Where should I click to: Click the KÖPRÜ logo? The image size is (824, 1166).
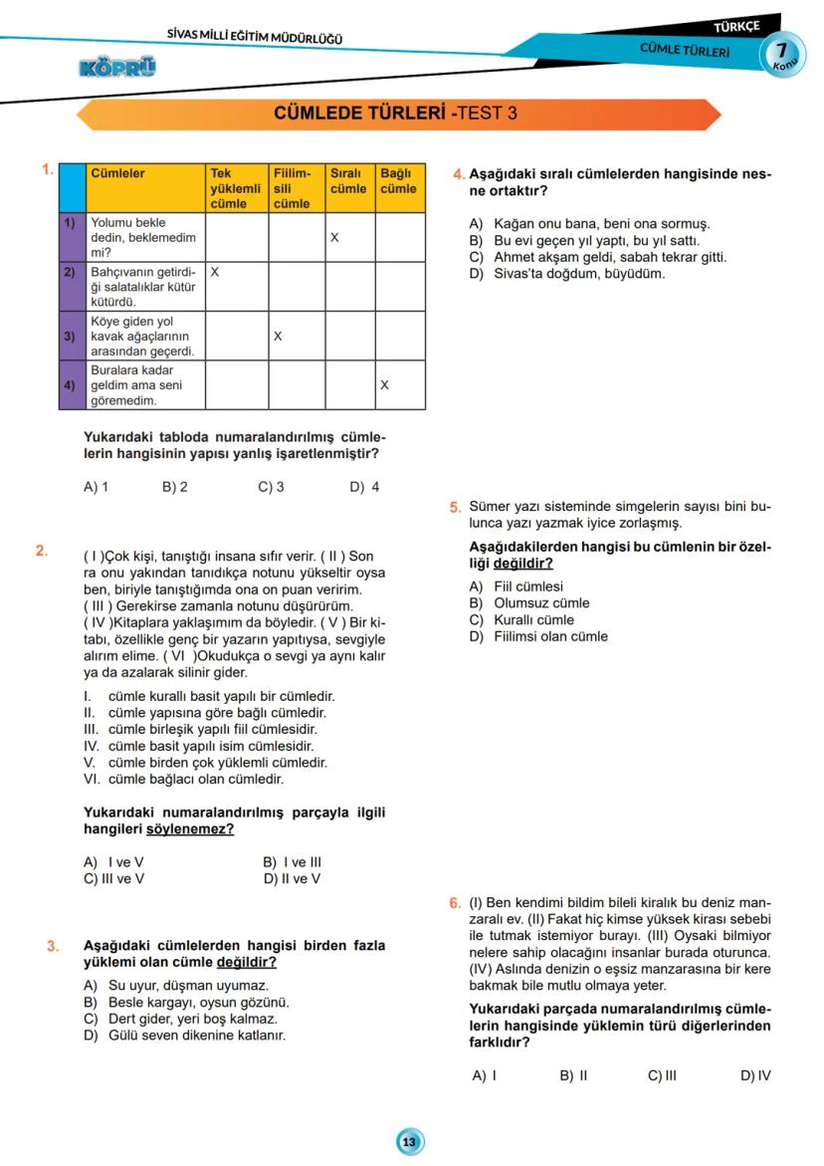116,68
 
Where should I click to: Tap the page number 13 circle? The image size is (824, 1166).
409,1141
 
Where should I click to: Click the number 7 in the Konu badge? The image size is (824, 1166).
783,50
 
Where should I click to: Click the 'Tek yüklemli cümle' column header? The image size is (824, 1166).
235,188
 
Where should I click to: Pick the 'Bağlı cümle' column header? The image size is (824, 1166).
398,181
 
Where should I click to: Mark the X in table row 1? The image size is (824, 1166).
335,239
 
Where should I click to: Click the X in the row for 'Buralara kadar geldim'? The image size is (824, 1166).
384,384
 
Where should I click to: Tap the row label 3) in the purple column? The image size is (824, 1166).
69,337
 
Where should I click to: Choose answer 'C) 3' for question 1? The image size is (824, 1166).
271,487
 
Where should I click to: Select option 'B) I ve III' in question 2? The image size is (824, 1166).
292,862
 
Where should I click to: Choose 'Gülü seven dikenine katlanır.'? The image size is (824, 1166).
190,1035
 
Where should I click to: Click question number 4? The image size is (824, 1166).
456,174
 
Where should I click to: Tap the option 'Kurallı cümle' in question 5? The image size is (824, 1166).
533,619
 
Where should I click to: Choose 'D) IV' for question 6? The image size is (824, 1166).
755,1075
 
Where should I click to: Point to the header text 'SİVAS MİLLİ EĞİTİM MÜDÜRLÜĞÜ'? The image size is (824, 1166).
255,38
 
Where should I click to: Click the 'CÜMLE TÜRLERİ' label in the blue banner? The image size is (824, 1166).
684,50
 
